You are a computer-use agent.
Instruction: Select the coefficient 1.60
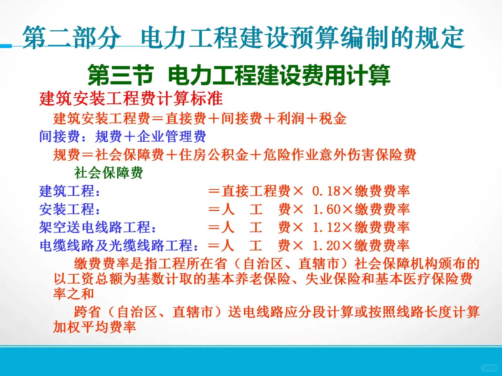click(x=326, y=209)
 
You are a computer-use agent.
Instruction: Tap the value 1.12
click(x=326, y=227)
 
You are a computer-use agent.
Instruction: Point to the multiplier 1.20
click(x=326, y=245)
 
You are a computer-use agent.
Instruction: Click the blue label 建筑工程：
click(x=70, y=191)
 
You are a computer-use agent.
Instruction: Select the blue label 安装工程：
click(x=70, y=209)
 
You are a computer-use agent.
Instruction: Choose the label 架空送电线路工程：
click(x=98, y=227)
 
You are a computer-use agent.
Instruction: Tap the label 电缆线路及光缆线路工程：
click(x=119, y=245)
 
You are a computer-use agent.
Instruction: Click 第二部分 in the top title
click(x=71, y=37)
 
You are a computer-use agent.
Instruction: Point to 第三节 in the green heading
click(x=120, y=75)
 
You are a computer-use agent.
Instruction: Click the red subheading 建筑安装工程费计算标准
click(x=131, y=99)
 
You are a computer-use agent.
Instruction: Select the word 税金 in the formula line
click(x=333, y=118)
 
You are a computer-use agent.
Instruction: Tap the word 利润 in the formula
click(x=291, y=118)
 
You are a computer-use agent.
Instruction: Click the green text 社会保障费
click(x=108, y=172)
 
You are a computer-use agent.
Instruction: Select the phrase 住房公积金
click(x=214, y=155)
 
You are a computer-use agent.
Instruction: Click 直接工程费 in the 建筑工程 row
click(x=256, y=191)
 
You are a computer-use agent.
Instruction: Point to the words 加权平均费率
click(x=94, y=327)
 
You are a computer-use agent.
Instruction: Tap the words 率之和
click(x=74, y=293)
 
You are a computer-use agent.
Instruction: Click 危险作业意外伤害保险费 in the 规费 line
click(x=340, y=155)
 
